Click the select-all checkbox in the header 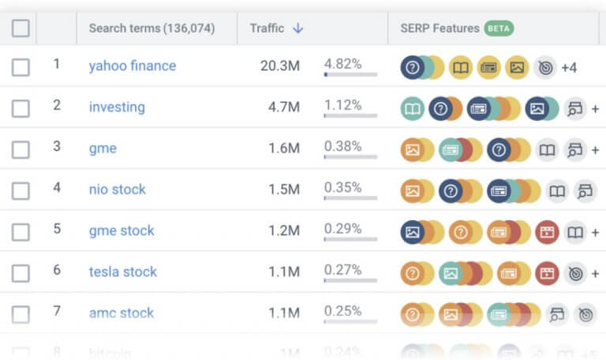point(21,29)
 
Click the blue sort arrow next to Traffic point(297,28)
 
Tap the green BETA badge point(499,28)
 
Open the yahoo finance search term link point(132,66)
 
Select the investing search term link point(117,107)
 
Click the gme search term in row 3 point(103,148)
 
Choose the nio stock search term point(117,189)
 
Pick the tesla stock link point(122,272)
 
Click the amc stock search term point(121,313)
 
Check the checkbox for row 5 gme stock point(21,231)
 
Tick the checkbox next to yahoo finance point(21,67)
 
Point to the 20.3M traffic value point(279,66)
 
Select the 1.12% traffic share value point(342,105)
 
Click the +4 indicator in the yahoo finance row point(569,68)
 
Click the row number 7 point(57,311)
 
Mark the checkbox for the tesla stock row point(21,272)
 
